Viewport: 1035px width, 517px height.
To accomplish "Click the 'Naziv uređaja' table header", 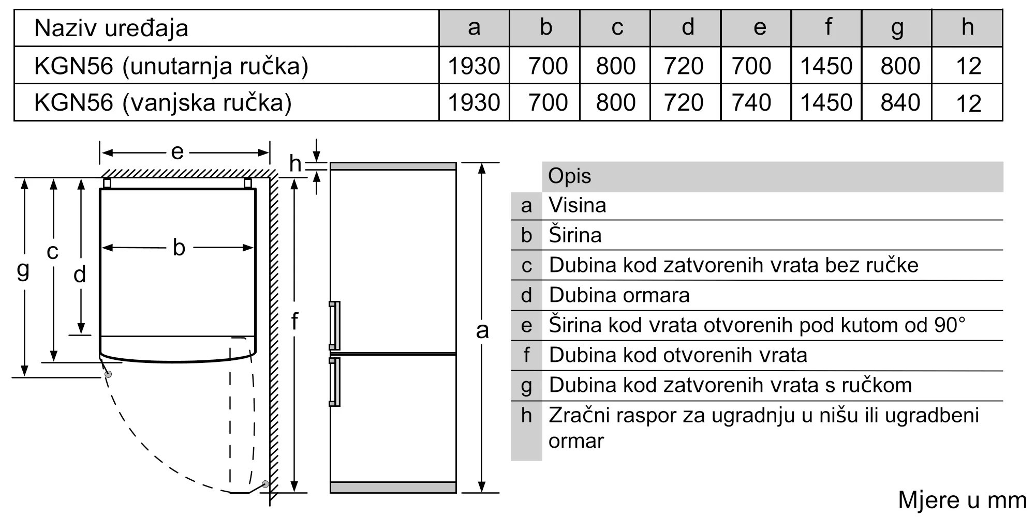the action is click(x=111, y=28).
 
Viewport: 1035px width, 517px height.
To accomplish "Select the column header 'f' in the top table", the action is click(x=828, y=27).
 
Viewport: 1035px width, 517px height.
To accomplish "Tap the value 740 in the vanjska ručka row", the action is click(x=751, y=102).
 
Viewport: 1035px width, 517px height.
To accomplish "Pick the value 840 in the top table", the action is click(x=900, y=102).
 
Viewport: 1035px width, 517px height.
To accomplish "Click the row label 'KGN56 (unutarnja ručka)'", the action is click(x=171, y=66).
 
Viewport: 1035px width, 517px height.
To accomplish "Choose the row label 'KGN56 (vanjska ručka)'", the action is click(x=163, y=102).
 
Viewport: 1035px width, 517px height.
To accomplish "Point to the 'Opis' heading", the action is click(x=569, y=176).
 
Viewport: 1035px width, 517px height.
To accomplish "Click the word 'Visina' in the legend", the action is click(x=577, y=205).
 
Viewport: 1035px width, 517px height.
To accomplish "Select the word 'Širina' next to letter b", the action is click(x=575, y=235).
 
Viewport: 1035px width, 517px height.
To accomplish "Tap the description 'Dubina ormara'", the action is click(x=619, y=295).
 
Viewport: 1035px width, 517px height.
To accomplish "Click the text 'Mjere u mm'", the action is click(x=962, y=500).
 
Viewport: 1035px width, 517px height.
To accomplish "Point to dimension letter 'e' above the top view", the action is click(x=177, y=152).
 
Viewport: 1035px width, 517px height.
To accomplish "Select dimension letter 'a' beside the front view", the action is click(x=482, y=330).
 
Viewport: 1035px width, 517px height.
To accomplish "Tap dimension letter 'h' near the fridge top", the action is click(x=295, y=163).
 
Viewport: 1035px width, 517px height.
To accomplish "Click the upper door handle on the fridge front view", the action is click(x=334, y=326).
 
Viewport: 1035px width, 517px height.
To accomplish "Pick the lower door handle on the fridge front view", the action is click(x=334, y=382).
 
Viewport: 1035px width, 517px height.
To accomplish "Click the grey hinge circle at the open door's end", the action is click(x=265, y=484).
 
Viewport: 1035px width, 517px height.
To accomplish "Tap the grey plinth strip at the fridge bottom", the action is click(x=393, y=487).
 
